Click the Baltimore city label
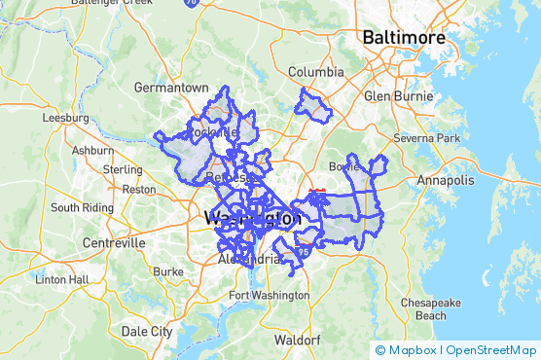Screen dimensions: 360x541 (x=403, y=38)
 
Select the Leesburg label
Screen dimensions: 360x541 (x=65, y=118)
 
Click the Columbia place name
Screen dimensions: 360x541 (x=316, y=72)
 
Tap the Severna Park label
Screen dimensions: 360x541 (x=426, y=138)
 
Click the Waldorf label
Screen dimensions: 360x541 (x=298, y=341)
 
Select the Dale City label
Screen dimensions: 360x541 (x=147, y=331)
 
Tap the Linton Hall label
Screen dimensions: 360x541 (x=62, y=280)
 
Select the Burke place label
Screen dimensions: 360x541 (x=168, y=271)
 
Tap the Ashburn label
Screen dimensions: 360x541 (x=92, y=151)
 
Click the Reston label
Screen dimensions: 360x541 (x=138, y=189)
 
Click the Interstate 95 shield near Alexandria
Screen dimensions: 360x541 (x=306, y=251)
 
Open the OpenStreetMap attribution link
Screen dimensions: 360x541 (x=490, y=349)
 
